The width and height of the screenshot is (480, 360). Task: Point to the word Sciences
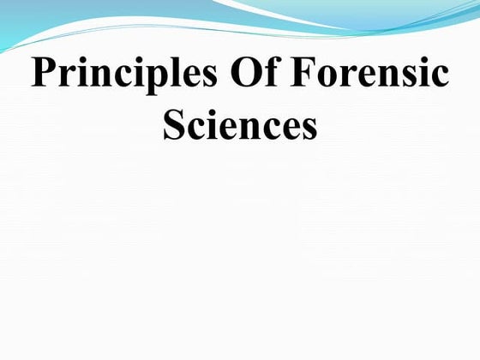coord(240,124)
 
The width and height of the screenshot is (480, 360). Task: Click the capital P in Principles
coord(43,75)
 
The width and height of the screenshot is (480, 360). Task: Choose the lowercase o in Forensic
coord(325,78)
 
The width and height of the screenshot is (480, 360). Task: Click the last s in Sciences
coord(309,128)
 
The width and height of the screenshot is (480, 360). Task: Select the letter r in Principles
coord(65,78)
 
